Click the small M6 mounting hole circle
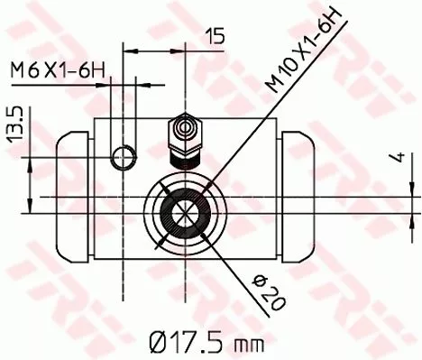[123, 160]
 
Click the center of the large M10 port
[186, 215]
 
